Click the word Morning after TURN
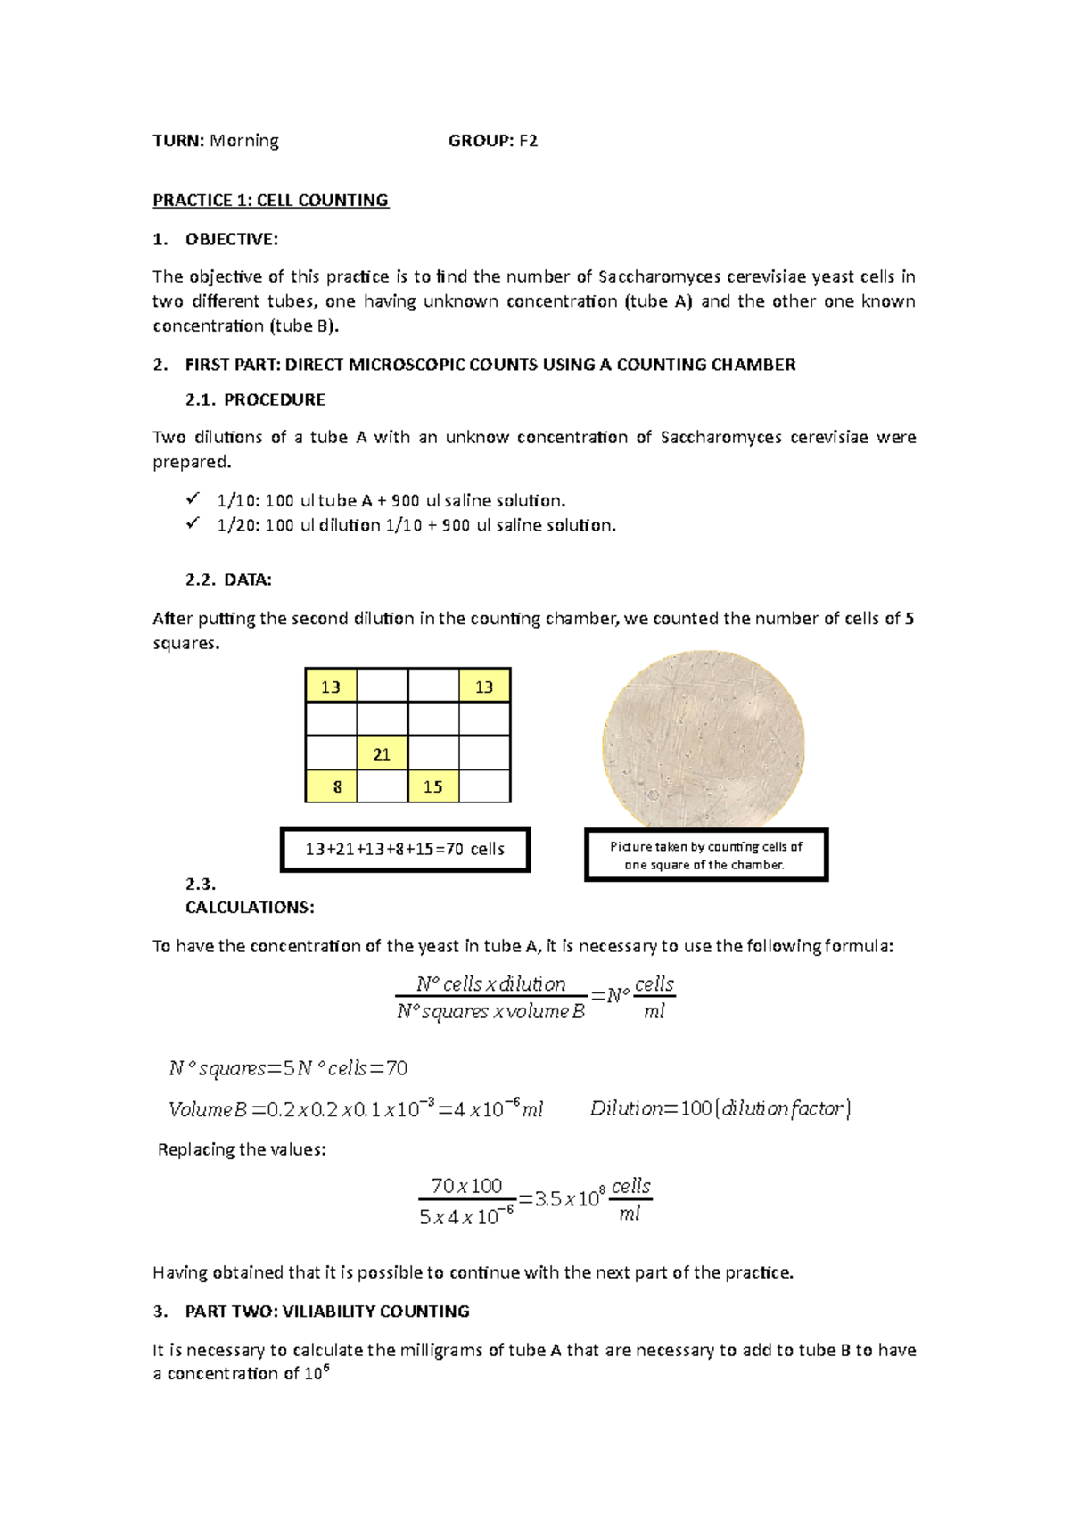tap(244, 141)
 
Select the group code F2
tap(529, 141)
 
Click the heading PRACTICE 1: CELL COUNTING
tap(270, 201)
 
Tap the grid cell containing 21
tap(382, 753)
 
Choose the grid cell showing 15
tap(433, 787)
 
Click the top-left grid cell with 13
tap(331, 687)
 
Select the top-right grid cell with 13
tap(484, 687)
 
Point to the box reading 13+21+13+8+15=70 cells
tap(405, 849)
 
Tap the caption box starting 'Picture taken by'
tap(705, 855)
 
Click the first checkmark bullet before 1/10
tap(193, 499)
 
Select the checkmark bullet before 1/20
tap(193, 524)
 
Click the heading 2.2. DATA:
tap(228, 580)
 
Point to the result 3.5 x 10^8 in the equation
tap(571, 1198)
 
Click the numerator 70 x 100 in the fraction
tap(466, 1186)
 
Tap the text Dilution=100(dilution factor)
tap(720, 1108)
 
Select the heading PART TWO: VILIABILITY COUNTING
tap(327, 1312)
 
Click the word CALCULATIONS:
tap(250, 908)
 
